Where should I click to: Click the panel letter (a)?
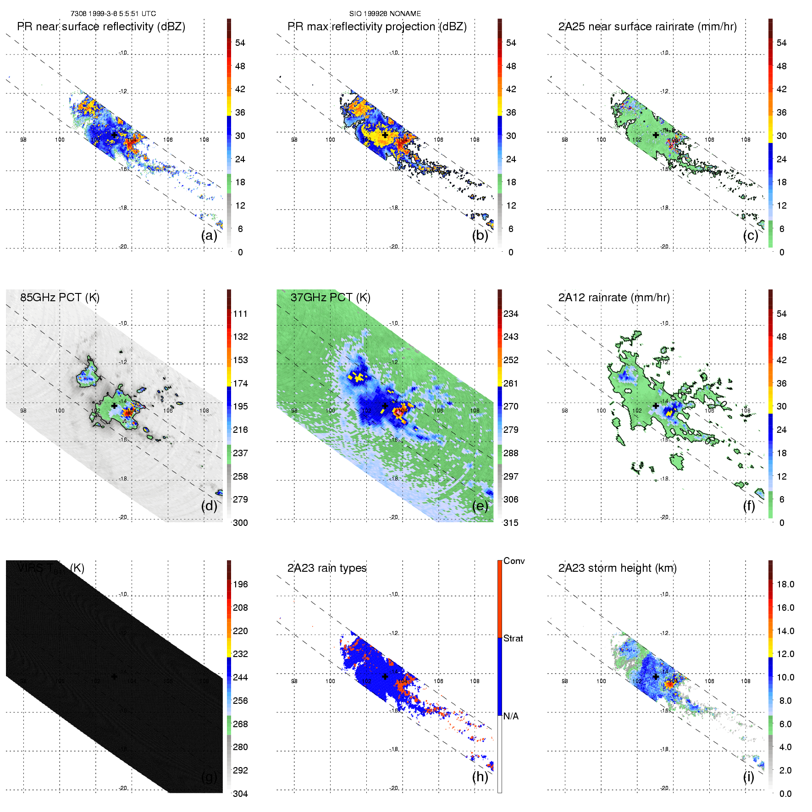pyautogui.click(x=209, y=236)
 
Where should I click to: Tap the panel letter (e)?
pyautogui.click(x=480, y=506)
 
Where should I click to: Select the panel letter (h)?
pyautogui.click(x=480, y=777)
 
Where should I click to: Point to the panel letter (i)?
pyautogui.click(x=748, y=777)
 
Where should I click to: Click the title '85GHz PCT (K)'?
pyautogui.click(x=60, y=298)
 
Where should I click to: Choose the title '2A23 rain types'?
pyautogui.click(x=327, y=568)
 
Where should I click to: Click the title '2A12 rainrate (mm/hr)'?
pyautogui.click(x=614, y=298)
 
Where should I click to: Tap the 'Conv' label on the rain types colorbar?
pyautogui.click(x=514, y=561)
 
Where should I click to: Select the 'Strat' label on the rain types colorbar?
pyautogui.click(x=513, y=639)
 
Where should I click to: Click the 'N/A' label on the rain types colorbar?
pyautogui.click(x=511, y=716)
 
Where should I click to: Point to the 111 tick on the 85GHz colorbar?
pyautogui.click(x=240, y=314)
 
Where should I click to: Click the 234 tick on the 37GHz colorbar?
pyautogui.click(x=511, y=314)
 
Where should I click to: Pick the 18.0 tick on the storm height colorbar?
pyautogui.click(x=785, y=585)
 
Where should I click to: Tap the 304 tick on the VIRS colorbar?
pyautogui.click(x=240, y=794)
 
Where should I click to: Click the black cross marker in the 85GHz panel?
pyautogui.click(x=114, y=406)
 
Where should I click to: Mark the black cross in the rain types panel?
pyautogui.click(x=385, y=676)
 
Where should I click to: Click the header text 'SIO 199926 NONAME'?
pyautogui.click(x=385, y=14)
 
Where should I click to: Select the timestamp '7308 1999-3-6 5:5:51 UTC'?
pyautogui.click(x=113, y=14)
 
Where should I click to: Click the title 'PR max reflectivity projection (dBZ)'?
pyautogui.click(x=377, y=27)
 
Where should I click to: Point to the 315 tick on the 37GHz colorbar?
pyautogui.click(x=511, y=523)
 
